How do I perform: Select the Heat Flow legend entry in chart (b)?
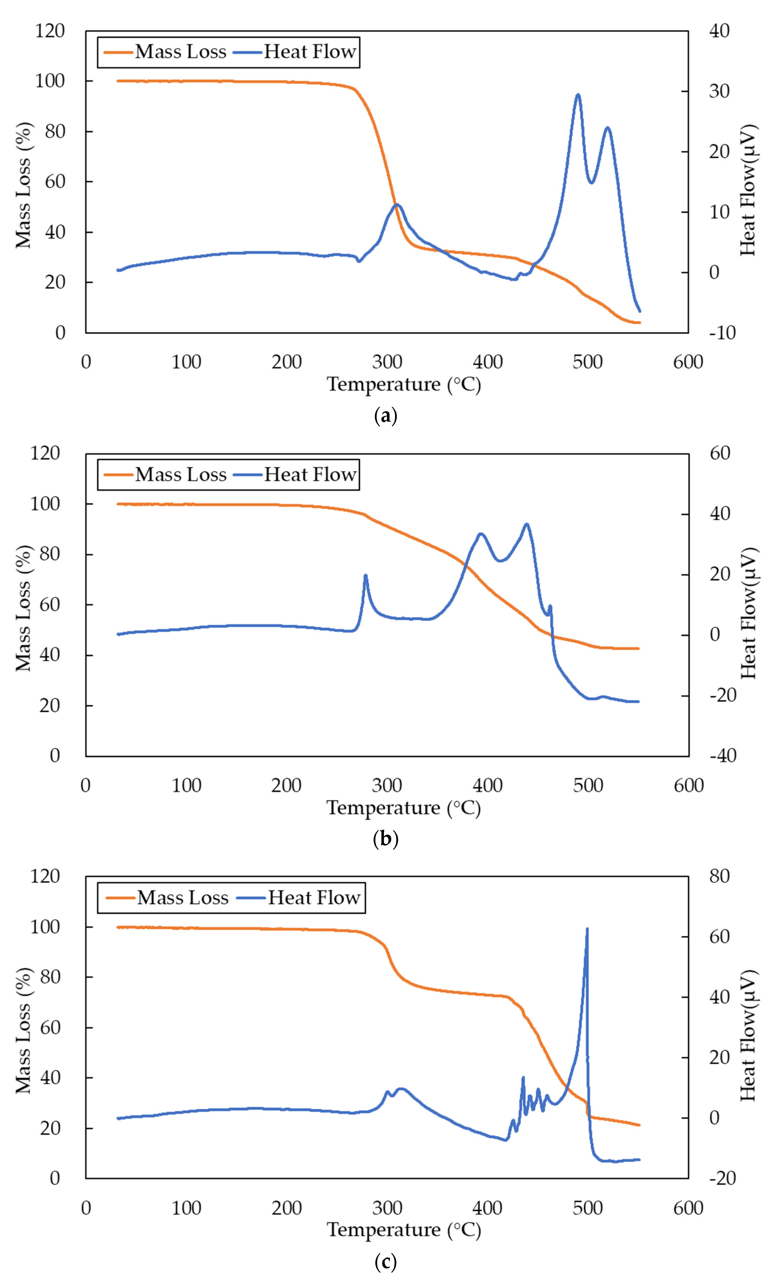point(295,474)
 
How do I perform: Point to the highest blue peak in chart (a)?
point(578,95)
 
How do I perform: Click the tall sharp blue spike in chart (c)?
point(587,930)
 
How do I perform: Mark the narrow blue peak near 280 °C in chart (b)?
point(365,576)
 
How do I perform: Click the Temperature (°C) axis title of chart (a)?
point(404,385)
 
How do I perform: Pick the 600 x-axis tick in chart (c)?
point(688,1208)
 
